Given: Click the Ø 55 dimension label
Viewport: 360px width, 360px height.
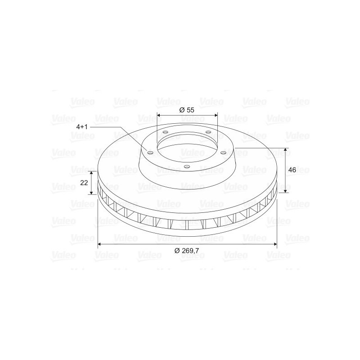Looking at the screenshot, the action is tap(187, 110).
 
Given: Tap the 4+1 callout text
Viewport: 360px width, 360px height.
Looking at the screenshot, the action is tap(82, 127).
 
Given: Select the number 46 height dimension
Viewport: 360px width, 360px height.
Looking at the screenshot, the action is tap(292, 170).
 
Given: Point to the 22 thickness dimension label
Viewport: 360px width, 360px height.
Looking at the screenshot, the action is tap(84, 183).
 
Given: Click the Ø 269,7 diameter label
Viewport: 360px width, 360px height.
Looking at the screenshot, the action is tap(187, 251).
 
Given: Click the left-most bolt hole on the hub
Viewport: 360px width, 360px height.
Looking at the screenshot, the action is tap(150, 153).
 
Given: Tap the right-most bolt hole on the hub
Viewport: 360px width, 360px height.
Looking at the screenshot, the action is tap(223, 153).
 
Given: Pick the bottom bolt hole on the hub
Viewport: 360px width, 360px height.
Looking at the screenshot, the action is tap(187, 166).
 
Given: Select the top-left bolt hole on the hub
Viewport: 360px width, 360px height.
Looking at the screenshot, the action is tap(165, 132).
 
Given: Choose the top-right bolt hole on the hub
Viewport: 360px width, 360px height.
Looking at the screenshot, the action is tap(208, 132).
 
